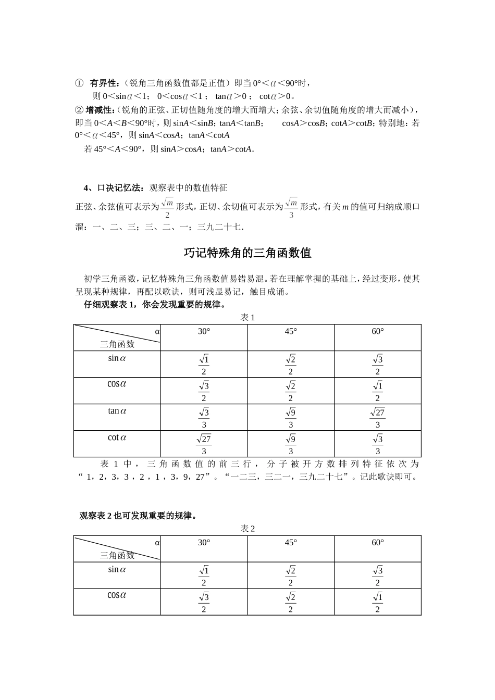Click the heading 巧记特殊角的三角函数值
click(x=247, y=253)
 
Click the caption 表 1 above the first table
click(x=247, y=317)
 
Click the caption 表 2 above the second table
click(x=247, y=528)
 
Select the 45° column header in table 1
click(x=291, y=331)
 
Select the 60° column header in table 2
click(x=378, y=542)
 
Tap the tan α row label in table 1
click(x=117, y=411)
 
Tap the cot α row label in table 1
click(x=117, y=438)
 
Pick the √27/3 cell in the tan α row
click(x=378, y=418)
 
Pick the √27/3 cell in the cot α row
click(x=204, y=444)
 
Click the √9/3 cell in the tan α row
click(x=291, y=418)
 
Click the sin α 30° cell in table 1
click(x=204, y=365)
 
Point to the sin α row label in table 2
click(x=117, y=569)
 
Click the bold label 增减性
click(x=99, y=109)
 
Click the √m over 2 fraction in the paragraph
click(x=167, y=207)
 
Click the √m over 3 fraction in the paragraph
click(x=291, y=207)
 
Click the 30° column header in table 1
click(x=204, y=331)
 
